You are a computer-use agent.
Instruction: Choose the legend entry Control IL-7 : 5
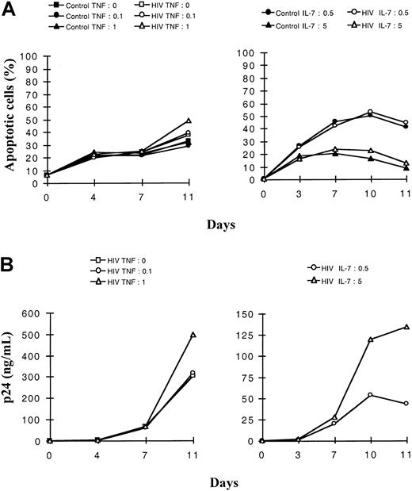pyautogui.click(x=288, y=25)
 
